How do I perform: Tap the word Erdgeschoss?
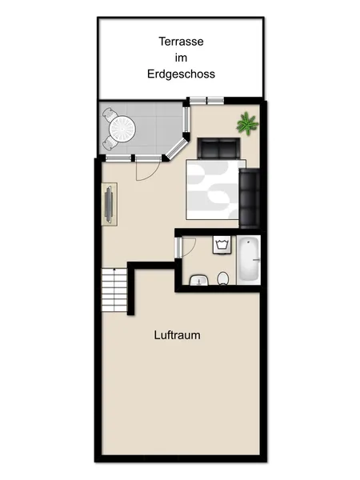coord(181,74)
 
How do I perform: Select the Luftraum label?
coord(177,336)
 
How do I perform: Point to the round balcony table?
coord(124,127)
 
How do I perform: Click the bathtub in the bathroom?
coord(249,260)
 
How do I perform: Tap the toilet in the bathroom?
coord(223,278)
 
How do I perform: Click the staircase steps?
coord(114,292)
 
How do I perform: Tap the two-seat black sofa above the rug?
coord(218,148)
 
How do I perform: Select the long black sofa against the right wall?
coord(250,198)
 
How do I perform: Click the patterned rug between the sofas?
coord(212,189)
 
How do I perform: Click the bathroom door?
coord(183,246)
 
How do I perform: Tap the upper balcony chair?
coord(111,115)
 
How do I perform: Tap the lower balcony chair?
coord(110,142)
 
